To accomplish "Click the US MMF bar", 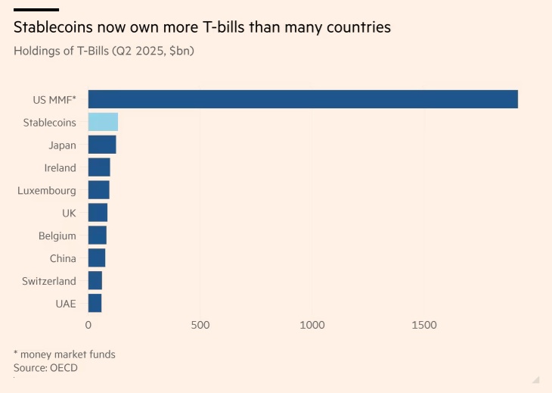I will (x=302, y=99).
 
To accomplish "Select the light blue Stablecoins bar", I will (x=103, y=122).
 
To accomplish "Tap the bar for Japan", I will (x=102, y=145).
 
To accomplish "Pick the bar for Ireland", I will (x=99, y=167).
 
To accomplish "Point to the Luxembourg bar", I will (x=98, y=190).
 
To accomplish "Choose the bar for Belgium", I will (x=97, y=235).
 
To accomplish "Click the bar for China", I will (x=96, y=258).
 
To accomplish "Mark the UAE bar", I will (x=95, y=303).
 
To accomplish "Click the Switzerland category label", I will (x=49, y=281).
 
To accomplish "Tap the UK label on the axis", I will (x=69, y=213).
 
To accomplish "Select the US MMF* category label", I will (x=54, y=99).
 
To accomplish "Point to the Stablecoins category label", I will (x=50, y=122).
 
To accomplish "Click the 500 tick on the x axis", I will (x=200, y=325).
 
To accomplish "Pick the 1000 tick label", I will (x=312, y=325).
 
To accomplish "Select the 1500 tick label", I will (x=424, y=325).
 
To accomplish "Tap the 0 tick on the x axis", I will (x=88, y=325).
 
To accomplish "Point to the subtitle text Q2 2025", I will (x=124, y=51).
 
